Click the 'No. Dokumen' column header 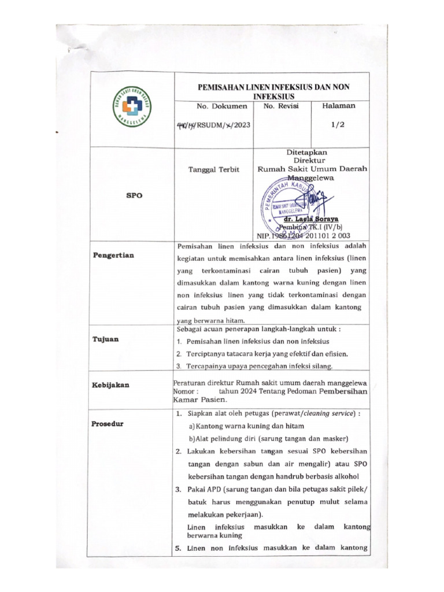coord(221,106)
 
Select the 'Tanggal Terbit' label coord(213,169)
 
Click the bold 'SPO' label coord(134,195)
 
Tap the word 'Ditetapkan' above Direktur coord(310,151)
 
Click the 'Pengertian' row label coord(113,255)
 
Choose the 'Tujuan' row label coord(106,339)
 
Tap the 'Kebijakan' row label coord(110,384)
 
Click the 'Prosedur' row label coord(108,424)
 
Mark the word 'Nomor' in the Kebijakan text coord(185,391)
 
